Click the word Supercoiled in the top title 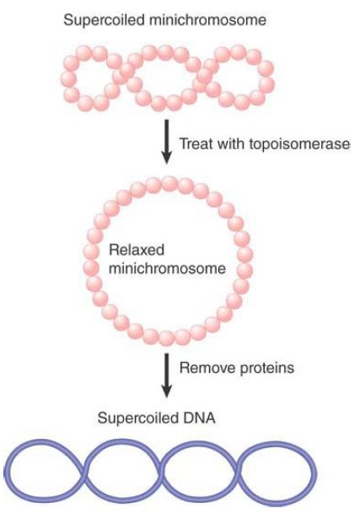(104, 20)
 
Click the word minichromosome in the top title (207, 19)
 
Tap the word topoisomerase (299, 144)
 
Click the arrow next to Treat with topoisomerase (167, 142)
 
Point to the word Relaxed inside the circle (137, 250)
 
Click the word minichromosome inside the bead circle (167, 269)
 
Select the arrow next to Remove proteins (167, 375)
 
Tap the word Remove (207, 368)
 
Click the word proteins (266, 368)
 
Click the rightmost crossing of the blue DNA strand (236, 473)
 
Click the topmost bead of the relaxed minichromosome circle (169, 184)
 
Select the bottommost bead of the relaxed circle (166, 338)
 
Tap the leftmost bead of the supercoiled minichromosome (68, 79)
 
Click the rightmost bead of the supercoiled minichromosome (266, 85)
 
